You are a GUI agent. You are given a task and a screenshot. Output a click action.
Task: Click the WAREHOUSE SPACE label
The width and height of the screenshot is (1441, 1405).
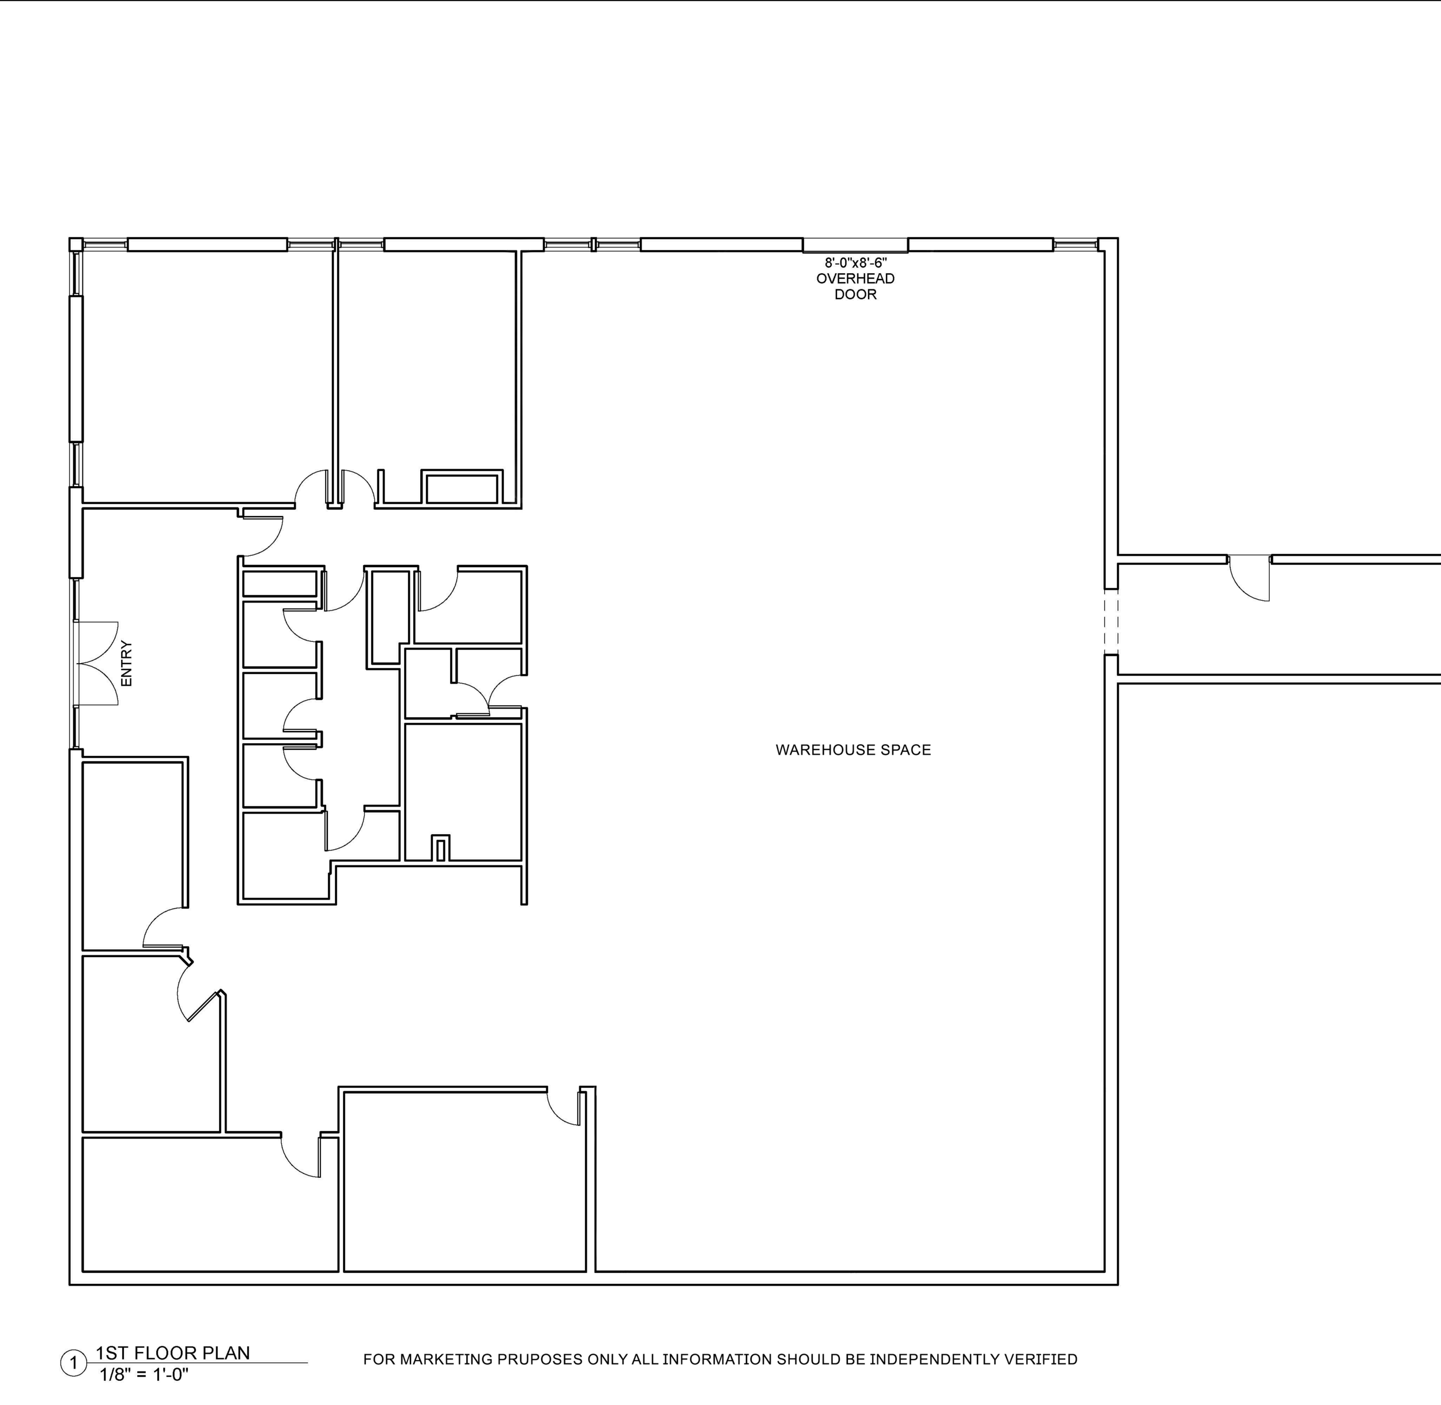(x=853, y=749)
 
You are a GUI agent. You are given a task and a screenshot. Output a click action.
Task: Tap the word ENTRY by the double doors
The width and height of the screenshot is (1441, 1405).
(x=126, y=664)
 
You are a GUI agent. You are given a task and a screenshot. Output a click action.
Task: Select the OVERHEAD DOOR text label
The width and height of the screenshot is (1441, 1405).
(x=855, y=287)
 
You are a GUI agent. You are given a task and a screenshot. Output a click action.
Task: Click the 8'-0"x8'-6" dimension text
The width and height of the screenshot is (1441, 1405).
(x=856, y=263)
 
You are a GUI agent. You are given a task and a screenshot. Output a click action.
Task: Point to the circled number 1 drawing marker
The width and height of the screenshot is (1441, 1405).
(x=73, y=1363)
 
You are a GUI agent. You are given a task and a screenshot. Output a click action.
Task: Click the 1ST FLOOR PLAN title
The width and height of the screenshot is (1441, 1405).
(x=173, y=1353)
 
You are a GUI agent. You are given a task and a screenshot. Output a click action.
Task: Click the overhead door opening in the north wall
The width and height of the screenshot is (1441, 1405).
(x=855, y=245)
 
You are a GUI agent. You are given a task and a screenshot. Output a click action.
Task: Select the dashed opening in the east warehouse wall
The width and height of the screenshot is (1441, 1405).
(x=1111, y=622)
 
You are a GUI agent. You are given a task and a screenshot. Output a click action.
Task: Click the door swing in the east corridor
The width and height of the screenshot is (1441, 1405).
(x=1249, y=579)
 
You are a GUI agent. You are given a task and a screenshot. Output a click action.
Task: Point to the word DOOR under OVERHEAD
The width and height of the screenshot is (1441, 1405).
(x=855, y=295)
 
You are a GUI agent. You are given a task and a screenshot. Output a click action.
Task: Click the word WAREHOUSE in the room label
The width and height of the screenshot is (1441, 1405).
(x=819, y=749)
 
